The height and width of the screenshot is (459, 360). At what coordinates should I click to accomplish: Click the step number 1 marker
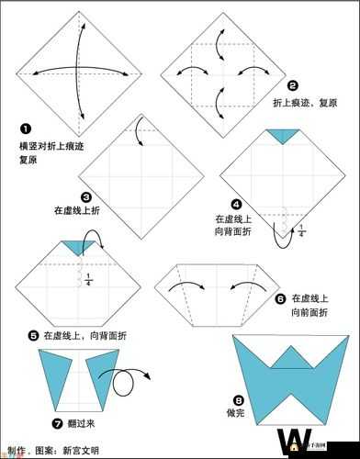(x=26, y=129)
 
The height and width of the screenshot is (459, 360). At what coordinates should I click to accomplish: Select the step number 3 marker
(x=85, y=196)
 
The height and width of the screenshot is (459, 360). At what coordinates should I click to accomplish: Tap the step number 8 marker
(x=239, y=399)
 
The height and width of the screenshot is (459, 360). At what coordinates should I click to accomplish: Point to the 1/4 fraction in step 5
(x=88, y=279)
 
